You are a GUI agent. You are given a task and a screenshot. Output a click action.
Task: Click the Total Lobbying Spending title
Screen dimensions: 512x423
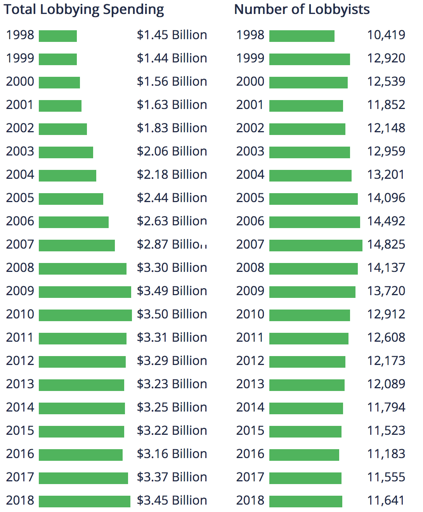tap(84, 10)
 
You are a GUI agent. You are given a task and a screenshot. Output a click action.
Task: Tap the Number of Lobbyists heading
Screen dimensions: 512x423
tap(302, 10)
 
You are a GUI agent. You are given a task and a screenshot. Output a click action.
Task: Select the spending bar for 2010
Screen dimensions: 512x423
tap(85, 315)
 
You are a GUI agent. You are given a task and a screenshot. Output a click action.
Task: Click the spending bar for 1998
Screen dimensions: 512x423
tap(58, 36)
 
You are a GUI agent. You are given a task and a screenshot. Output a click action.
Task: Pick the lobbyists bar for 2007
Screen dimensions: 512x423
tap(316, 245)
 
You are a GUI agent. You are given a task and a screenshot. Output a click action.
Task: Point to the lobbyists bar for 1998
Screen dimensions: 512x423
tap(302, 36)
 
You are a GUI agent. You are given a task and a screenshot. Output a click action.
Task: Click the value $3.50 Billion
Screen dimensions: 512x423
tap(172, 314)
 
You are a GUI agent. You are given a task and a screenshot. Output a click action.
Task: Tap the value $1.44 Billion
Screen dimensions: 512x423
tap(172, 58)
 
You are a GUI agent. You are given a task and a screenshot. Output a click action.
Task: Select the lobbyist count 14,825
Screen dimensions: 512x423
tap(386, 244)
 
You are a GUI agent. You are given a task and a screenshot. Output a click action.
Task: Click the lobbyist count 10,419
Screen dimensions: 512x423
tap(386, 35)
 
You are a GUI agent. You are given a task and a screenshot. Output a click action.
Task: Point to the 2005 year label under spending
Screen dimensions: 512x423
tap(20, 198)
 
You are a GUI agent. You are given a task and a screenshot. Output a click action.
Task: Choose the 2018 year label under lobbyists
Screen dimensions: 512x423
tap(250, 500)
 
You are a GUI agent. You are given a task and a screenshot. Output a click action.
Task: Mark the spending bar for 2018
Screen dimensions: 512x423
tap(85, 501)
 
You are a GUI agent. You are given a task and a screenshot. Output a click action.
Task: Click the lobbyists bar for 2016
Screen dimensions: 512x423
tap(304, 455)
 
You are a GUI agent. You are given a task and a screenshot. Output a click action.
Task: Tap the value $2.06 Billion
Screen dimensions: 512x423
tap(172, 151)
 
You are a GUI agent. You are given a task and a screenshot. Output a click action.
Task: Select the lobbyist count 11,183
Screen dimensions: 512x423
tap(386, 454)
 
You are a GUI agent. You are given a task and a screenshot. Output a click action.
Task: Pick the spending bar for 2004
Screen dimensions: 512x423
tap(68, 175)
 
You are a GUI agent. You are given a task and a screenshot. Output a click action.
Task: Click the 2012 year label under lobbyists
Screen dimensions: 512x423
tap(250, 361)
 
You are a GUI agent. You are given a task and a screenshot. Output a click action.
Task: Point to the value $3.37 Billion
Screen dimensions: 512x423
tap(172, 477)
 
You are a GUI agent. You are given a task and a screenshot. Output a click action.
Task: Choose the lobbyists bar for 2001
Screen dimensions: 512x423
tap(306, 106)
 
